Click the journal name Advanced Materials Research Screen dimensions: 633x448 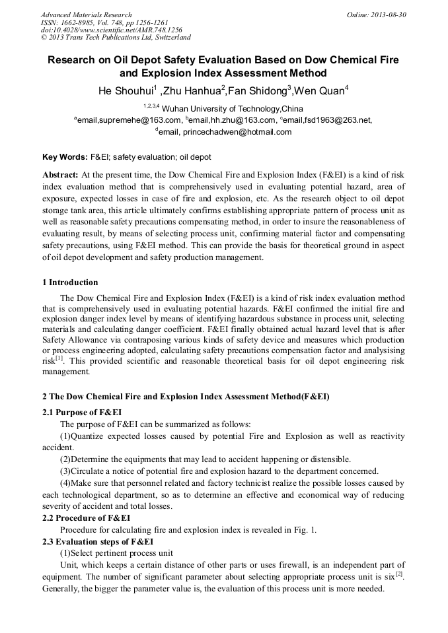pyautogui.click(x=86, y=15)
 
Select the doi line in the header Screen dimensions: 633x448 pyautogui.click(x=102, y=30)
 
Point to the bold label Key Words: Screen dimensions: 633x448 pyautogui.click(x=65, y=158)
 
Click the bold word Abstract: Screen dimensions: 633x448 pyautogui.click(x=60, y=175)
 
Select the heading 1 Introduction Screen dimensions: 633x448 pyautogui.click(x=70, y=283)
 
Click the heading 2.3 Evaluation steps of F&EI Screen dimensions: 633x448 pyautogui.click(x=98, y=541)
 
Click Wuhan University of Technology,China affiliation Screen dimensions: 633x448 pyautogui.click(x=232, y=108)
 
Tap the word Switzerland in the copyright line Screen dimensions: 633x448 pyautogui.click(x=170, y=38)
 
